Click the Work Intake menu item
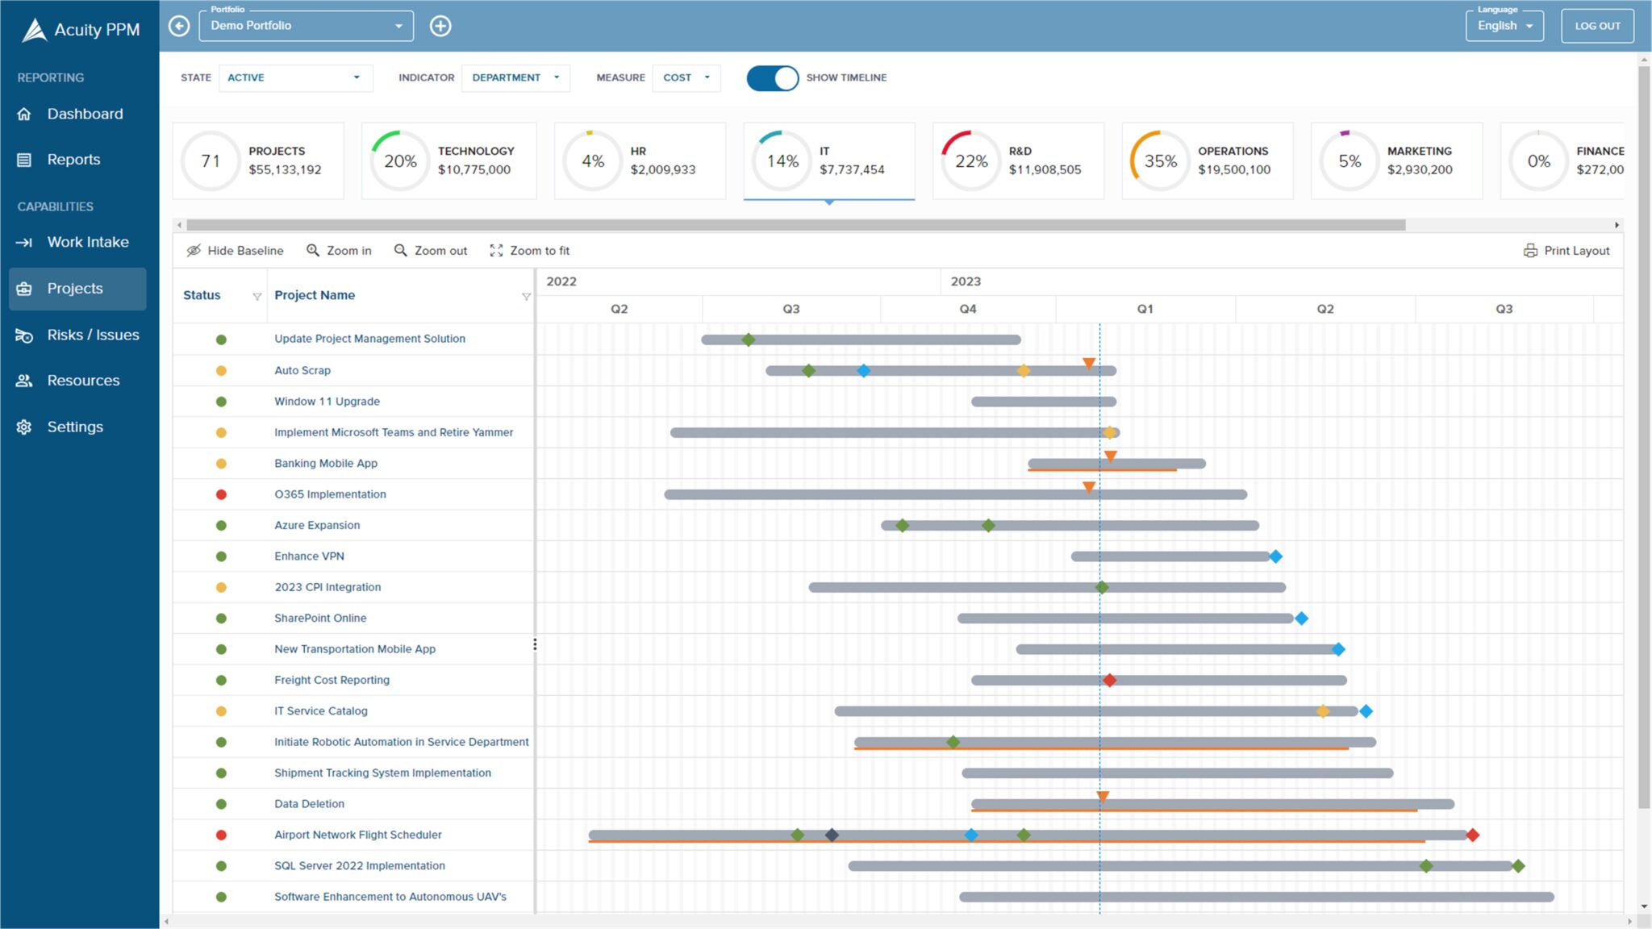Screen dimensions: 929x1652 pos(87,242)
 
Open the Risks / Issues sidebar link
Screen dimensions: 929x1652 pos(92,335)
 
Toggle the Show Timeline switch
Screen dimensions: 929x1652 pos(772,77)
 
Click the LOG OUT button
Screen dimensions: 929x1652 pos(1596,26)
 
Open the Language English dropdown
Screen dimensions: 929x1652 pos(1504,26)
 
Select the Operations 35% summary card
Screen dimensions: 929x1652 pos(1207,160)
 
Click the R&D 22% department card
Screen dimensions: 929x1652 pos(1018,160)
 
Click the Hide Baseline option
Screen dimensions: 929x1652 pos(235,251)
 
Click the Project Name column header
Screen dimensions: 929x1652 pos(315,295)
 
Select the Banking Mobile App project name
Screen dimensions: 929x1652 pos(325,463)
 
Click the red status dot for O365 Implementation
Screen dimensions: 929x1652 pos(221,494)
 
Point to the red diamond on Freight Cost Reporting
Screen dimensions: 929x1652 pos(1110,681)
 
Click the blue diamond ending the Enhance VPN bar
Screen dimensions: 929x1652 pos(1275,556)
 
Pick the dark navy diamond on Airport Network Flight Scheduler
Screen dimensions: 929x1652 pos(832,835)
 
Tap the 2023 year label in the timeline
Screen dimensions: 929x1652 pos(966,281)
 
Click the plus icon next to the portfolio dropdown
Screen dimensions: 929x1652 pos(440,26)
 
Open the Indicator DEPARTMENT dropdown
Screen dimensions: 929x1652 pos(515,77)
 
